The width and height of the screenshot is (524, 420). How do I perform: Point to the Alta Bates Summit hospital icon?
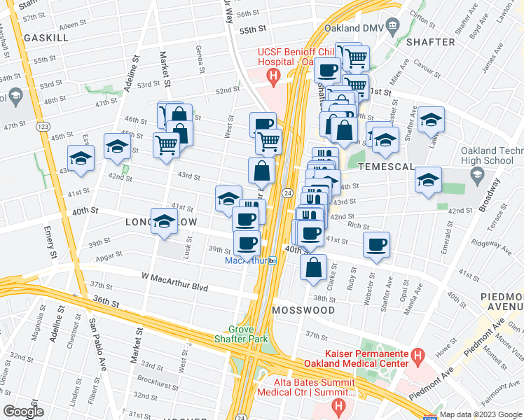coord(340,405)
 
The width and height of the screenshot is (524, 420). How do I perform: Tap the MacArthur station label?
coord(247,260)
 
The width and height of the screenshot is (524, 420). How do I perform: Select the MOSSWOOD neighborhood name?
coord(304,309)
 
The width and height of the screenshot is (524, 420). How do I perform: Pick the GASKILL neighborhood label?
coord(46,38)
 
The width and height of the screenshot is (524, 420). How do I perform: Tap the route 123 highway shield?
coord(43,126)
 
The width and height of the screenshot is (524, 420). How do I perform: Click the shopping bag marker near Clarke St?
coord(314,267)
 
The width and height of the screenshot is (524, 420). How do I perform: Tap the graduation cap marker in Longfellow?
coord(164,220)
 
